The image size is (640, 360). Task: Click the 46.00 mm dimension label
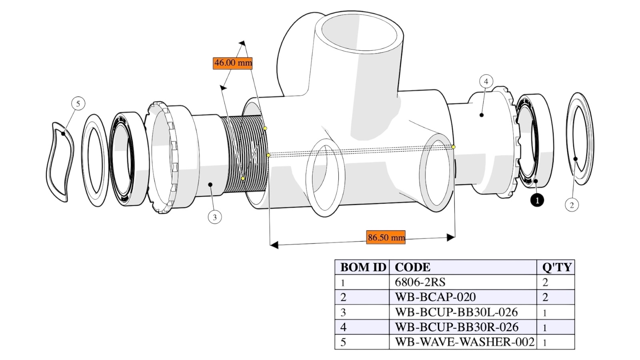click(x=232, y=63)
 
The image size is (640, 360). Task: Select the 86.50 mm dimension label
click(x=386, y=237)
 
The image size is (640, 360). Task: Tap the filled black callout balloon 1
click(x=537, y=200)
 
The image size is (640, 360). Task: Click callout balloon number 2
click(x=572, y=205)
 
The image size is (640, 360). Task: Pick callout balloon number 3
click(x=214, y=217)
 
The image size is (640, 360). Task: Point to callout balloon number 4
click(x=486, y=82)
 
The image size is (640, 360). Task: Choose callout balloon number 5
click(x=78, y=103)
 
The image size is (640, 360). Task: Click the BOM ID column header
click(x=362, y=267)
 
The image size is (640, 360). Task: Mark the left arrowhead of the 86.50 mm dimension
click(x=274, y=245)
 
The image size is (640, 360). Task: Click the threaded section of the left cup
click(x=244, y=154)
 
